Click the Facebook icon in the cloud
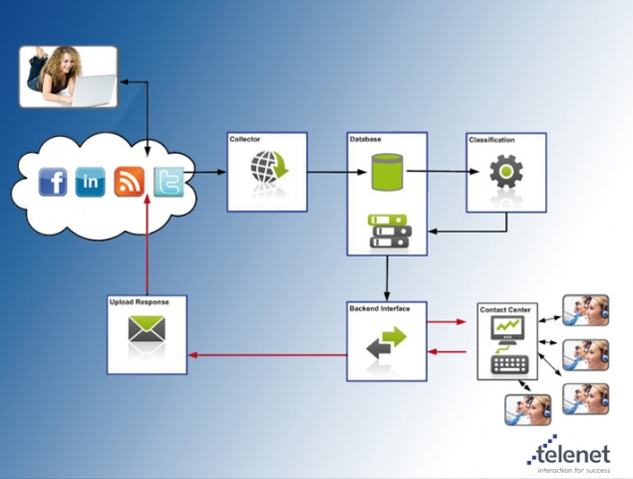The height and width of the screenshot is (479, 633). pyautogui.click(x=53, y=183)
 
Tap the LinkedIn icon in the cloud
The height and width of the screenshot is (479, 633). pyautogui.click(x=91, y=183)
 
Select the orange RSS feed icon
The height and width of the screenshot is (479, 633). pyautogui.click(x=130, y=183)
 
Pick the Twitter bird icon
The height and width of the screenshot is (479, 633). pyautogui.click(x=168, y=182)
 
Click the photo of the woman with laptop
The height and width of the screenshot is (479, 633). pyautogui.click(x=68, y=76)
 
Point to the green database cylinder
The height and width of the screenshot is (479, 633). pyautogui.click(x=386, y=171)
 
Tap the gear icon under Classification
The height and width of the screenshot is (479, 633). pyautogui.click(x=505, y=171)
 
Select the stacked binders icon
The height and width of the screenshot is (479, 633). pyautogui.click(x=386, y=232)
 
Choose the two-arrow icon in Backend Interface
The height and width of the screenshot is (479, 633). pyautogui.click(x=386, y=343)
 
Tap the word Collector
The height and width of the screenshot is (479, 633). pyautogui.click(x=244, y=139)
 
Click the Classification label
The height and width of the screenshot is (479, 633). pyautogui.click(x=491, y=140)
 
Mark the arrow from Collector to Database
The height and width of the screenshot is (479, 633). pyautogui.click(x=326, y=173)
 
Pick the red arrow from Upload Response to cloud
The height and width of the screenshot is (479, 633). pyautogui.click(x=148, y=244)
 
